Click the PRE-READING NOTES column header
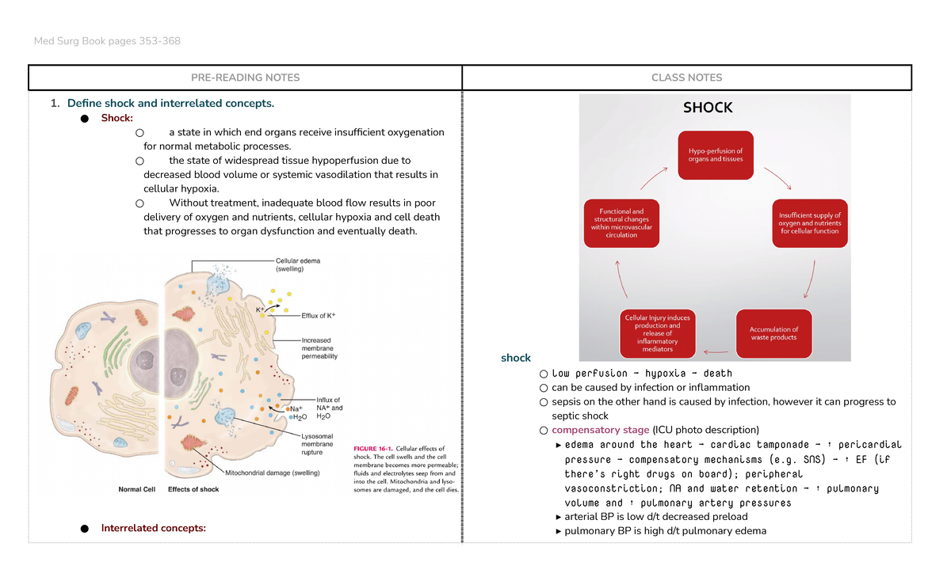click(245, 78)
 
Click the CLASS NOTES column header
click(686, 78)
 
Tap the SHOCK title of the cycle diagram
click(708, 108)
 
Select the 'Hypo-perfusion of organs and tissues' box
click(715, 155)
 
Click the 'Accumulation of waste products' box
click(773, 333)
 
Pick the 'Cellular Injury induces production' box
click(657, 333)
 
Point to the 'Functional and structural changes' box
click(621, 223)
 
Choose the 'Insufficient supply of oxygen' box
click(809, 223)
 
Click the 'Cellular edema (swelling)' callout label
click(298, 264)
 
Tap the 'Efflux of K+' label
click(319, 316)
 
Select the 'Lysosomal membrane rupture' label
click(317, 445)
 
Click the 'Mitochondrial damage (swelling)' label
click(272, 473)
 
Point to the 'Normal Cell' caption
click(142, 489)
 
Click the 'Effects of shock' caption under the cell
click(193, 489)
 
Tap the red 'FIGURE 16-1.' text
click(371, 449)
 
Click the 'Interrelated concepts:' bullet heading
click(153, 529)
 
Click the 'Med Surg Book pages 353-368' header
click(107, 40)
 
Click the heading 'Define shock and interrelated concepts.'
click(170, 104)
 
